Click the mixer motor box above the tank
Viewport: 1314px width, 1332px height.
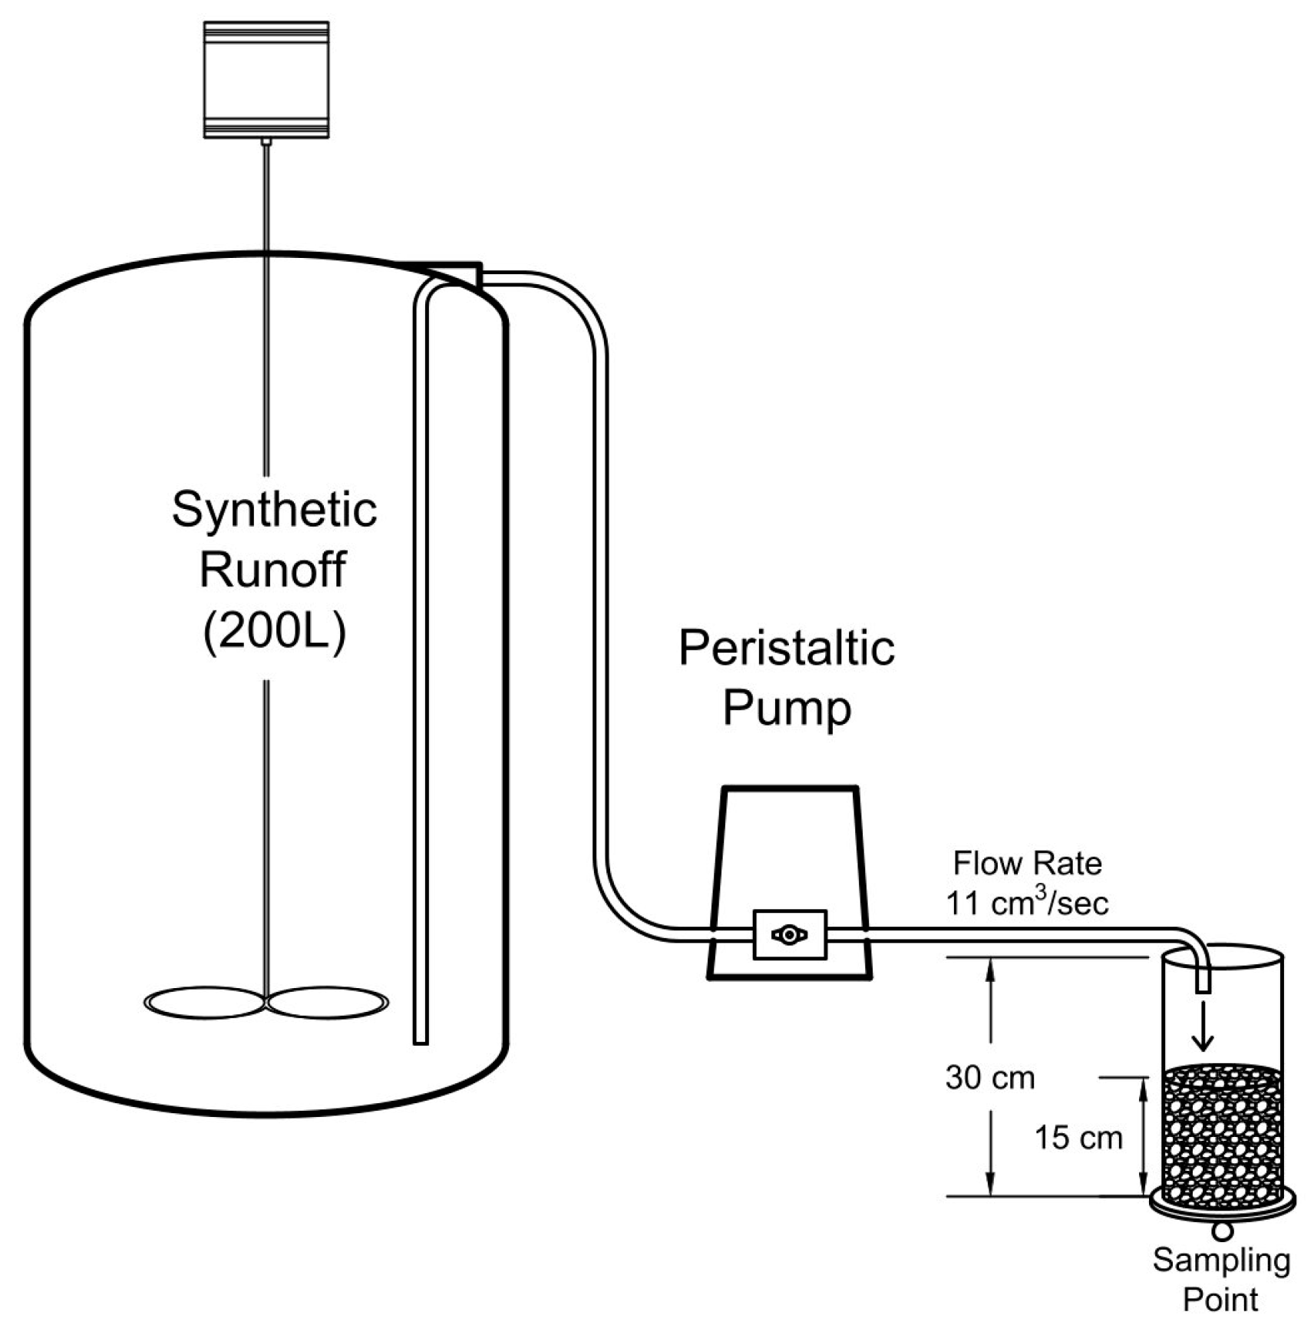266,80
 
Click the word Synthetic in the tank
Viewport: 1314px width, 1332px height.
274,510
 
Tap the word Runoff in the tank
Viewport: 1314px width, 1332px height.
272,570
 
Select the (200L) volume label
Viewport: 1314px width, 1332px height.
274,631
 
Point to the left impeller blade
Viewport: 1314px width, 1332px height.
204,1003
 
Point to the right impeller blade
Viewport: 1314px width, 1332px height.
328,1003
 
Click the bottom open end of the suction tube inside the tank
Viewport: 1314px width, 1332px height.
421,1040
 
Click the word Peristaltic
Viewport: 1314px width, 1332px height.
786,649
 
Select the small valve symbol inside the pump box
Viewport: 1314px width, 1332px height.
790,935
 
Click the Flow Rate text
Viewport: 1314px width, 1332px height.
1027,864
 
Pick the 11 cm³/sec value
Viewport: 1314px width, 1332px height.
1027,903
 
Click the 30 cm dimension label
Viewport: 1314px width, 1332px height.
989,1078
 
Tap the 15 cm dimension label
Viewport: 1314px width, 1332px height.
1078,1138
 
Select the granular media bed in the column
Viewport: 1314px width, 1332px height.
1222,1136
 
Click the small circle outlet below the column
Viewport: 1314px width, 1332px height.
1223,1231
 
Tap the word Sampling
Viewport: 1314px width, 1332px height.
1221,1261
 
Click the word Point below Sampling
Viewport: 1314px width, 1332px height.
1220,1301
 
